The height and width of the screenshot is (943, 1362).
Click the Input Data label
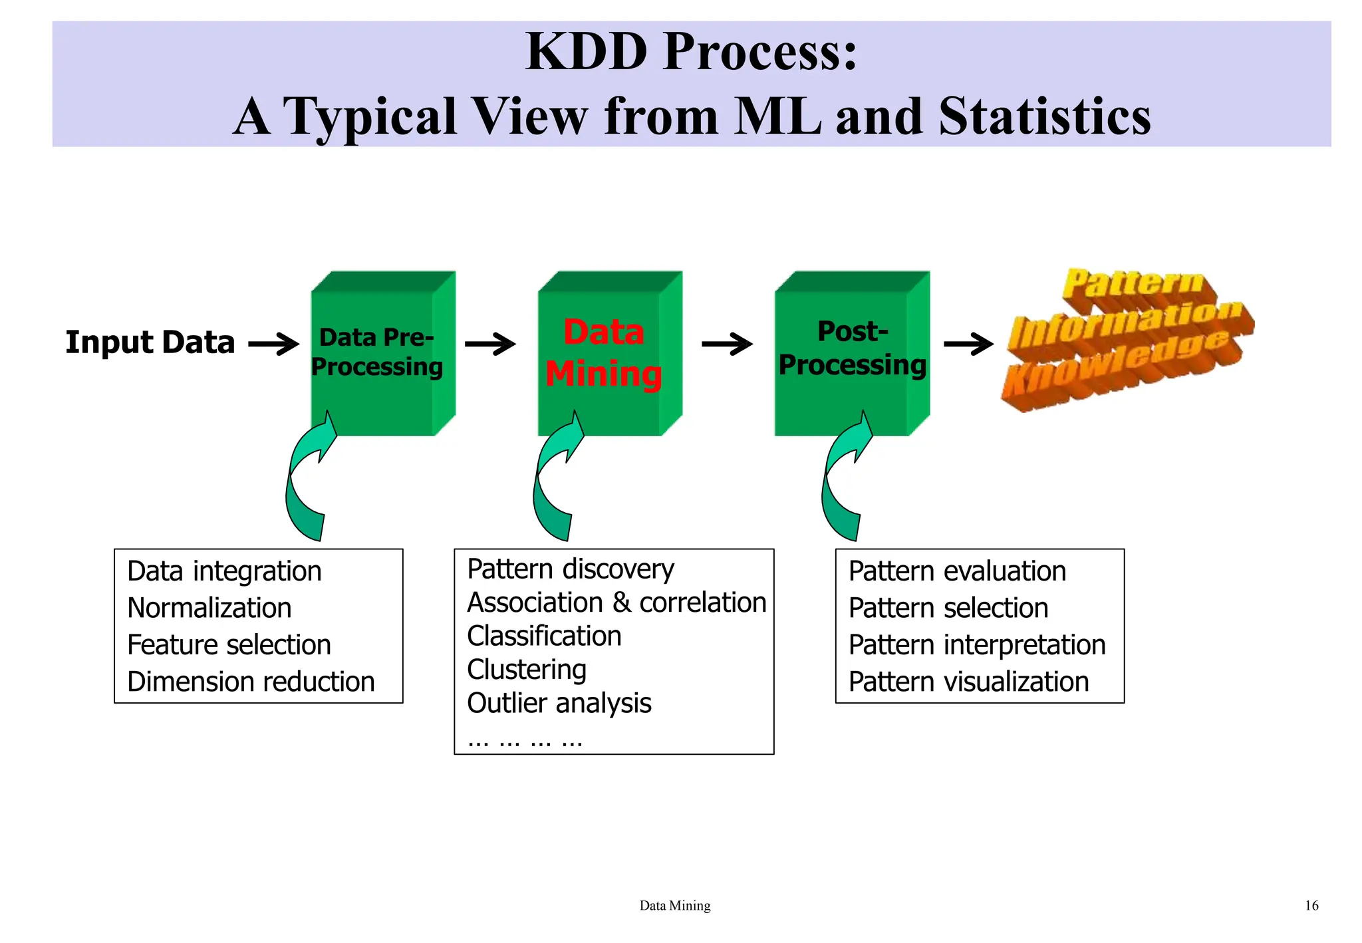coord(150,342)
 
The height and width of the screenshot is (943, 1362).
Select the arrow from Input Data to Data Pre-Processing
coord(273,344)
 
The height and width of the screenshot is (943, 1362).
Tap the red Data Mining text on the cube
coord(604,353)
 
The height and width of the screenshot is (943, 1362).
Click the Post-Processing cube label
coord(852,348)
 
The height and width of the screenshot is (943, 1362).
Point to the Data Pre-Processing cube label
coord(376,352)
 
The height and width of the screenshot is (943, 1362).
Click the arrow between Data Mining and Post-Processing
coord(727,344)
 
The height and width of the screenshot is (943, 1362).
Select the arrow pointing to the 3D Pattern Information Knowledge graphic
coord(968,344)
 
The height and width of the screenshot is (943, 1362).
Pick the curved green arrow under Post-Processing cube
coord(843,479)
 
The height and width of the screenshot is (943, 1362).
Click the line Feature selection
coord(229,645)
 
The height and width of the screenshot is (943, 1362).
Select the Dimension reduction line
coord(251,682)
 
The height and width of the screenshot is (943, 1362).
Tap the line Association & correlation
coord(616,603)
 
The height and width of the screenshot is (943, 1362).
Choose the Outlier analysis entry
coord(559,704)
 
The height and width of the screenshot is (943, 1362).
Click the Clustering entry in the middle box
coord(527,670)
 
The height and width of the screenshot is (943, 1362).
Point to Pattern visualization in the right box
coord(968,682)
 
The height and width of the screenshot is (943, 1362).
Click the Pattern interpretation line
coord(977,645)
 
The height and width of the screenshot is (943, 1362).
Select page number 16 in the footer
coord(1311,905)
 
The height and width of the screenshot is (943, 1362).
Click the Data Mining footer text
coord(674,905)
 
